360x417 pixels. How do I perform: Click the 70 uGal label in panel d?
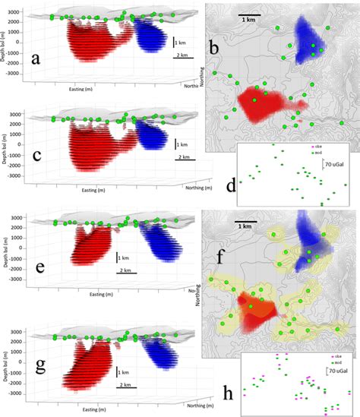coord(334,163)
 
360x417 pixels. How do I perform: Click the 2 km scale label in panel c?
coord(183,156)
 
